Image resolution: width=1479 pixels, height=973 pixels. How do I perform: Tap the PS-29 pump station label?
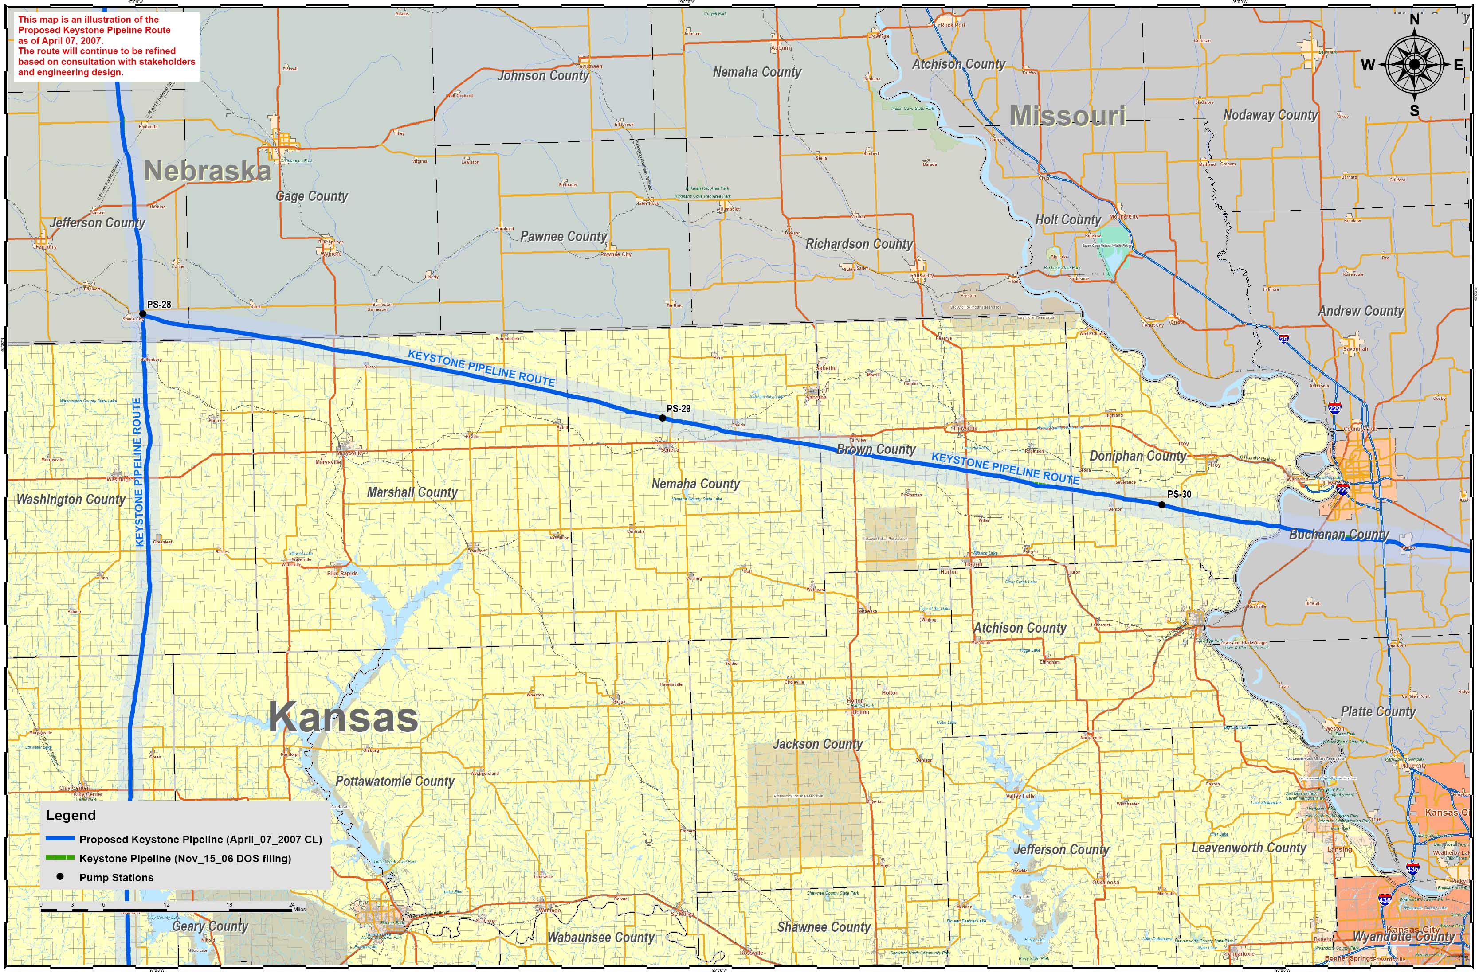coord(678,409)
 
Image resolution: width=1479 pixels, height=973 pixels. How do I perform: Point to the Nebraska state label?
coord(208,171)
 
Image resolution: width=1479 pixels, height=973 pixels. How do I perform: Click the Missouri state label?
coord(1067,116)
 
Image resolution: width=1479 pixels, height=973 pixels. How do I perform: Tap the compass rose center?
coord(1414,64)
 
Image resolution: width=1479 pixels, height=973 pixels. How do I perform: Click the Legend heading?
coord(71,815)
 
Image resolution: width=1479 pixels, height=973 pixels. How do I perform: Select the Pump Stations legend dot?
coord(60,877)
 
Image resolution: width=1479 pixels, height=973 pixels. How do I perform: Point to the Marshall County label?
coord(412,492)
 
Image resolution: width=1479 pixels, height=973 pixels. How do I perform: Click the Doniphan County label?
coord(1138,456)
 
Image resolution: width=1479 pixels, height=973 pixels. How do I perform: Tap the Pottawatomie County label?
coord(395,781)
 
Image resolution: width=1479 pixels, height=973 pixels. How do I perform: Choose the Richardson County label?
coord(859,244)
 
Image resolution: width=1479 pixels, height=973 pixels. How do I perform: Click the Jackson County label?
coord(817,744)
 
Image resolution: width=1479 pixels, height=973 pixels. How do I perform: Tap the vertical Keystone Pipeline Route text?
coord(138,472)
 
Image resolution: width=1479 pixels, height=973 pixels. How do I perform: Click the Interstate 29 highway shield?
coord(1283,339)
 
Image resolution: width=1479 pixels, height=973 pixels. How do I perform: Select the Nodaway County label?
coord(1270,115)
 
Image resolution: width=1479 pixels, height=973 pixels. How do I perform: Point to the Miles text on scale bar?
coord(299,909)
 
